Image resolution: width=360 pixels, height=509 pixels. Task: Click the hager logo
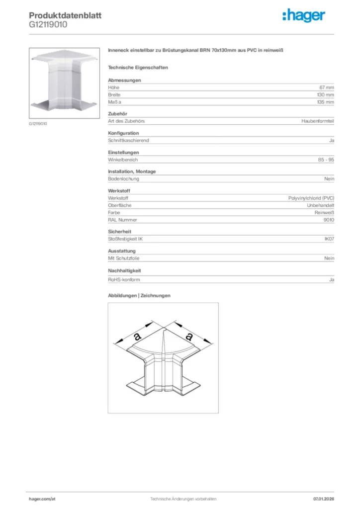304,16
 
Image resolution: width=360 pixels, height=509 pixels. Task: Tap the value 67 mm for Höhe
327,87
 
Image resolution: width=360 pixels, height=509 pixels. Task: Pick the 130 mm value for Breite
325,94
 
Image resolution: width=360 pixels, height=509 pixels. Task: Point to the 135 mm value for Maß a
325,102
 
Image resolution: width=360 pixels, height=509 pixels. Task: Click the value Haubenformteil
318,121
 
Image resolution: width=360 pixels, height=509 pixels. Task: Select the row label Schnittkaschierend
128,141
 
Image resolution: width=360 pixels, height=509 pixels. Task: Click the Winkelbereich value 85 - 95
326,160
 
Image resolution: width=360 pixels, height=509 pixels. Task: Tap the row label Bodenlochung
123,179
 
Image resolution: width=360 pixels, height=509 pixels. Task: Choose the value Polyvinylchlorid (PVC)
311,198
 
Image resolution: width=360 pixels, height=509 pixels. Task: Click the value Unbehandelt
321,205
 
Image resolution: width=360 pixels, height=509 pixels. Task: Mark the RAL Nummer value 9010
329,220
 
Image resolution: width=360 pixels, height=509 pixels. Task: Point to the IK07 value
329,239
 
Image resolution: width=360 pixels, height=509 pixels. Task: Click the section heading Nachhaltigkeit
124,270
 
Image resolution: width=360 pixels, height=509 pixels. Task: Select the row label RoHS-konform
124,280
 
